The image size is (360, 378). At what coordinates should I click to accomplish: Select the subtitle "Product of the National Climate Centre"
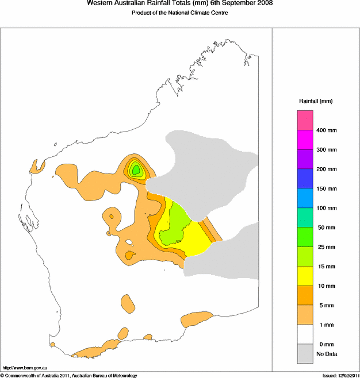(176, 13)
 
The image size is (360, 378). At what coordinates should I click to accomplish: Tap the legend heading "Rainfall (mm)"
(315, 101)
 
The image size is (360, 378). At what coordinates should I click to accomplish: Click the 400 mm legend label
(327, 130)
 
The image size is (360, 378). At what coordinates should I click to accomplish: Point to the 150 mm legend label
(327, 188)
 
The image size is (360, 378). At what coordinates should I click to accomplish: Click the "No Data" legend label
(326, 354)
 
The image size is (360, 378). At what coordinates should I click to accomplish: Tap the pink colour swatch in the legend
(305, 121)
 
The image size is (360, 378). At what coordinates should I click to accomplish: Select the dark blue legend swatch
(305, 179)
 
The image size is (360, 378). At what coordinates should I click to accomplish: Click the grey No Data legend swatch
(305, 354)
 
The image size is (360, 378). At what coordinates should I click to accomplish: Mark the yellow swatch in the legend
(305, 276)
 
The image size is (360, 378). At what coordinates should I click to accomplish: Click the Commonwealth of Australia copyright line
(69, 375)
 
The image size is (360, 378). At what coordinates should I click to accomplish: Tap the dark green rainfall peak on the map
(136, 169)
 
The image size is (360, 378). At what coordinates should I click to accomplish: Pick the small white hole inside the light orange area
(129, 243)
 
